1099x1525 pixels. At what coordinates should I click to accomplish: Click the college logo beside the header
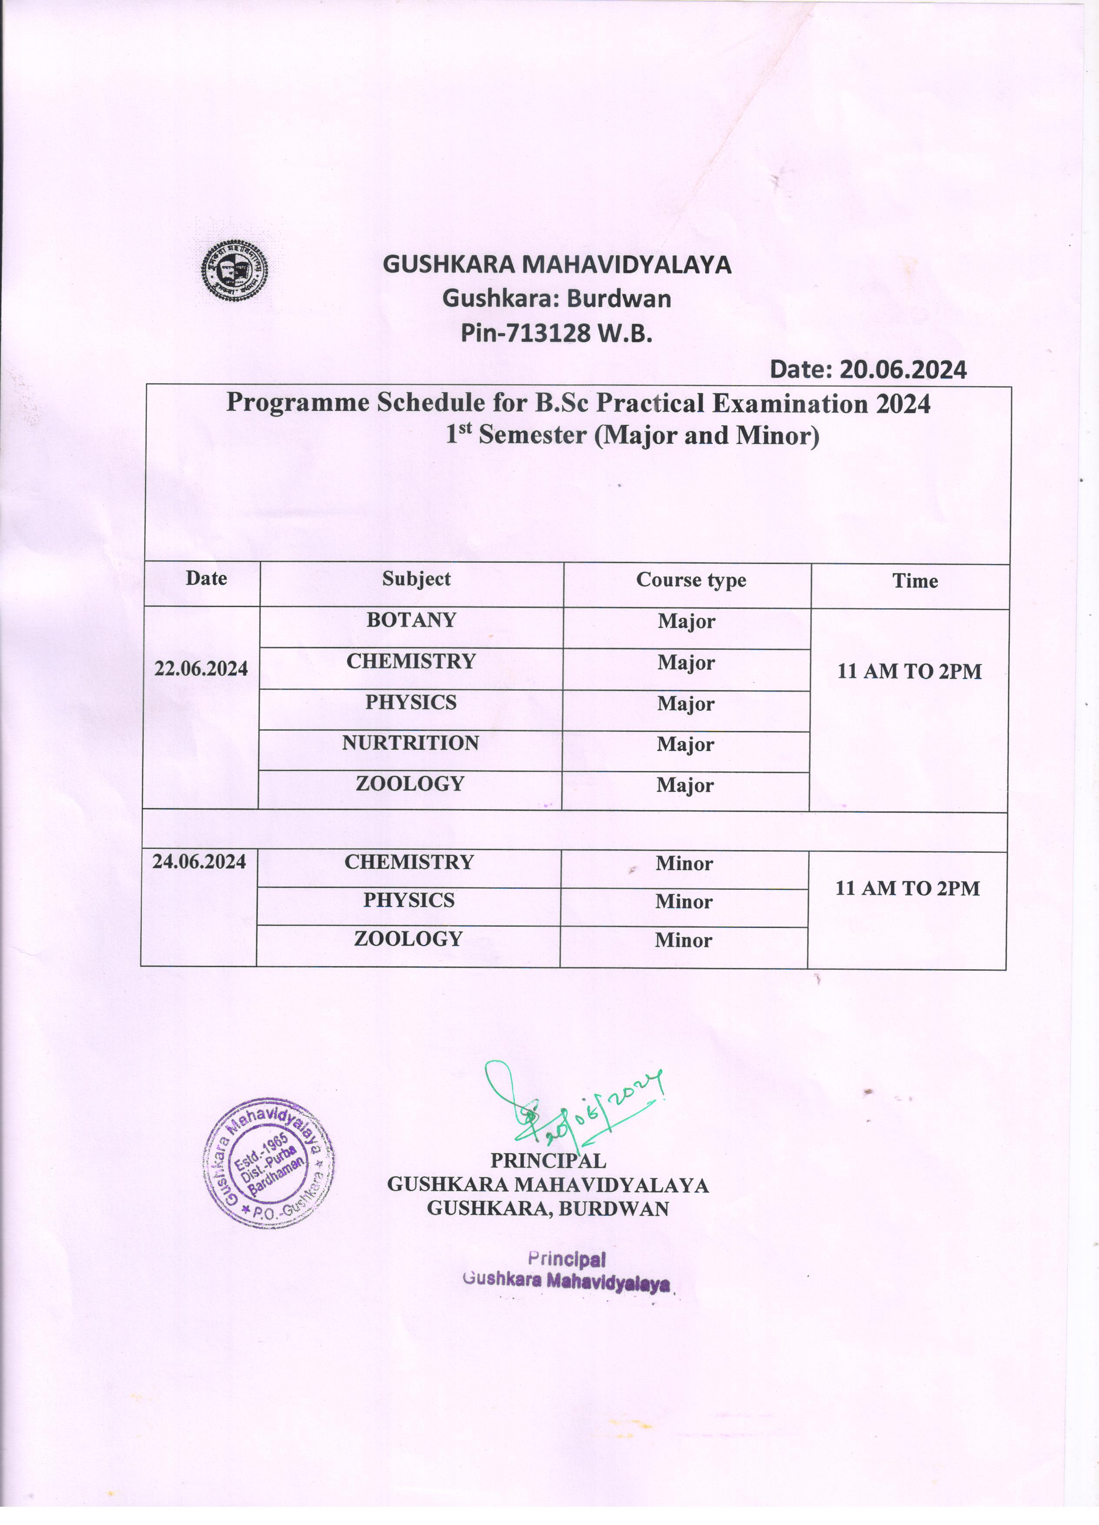click(236, 270)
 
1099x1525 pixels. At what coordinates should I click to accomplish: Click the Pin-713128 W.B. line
click(556, 333)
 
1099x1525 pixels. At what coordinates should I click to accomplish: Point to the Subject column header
click(416, 579)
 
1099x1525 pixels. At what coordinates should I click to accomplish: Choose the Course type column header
click(691, 580)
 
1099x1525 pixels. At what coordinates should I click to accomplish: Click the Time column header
click(915, 581)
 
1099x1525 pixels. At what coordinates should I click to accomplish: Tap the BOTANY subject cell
click(411, 620)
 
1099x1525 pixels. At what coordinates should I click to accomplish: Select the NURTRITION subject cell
click(410, 743)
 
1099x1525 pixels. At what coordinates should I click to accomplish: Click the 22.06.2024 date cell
click(201, 668)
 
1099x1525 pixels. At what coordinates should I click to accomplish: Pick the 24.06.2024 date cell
click(199, 861)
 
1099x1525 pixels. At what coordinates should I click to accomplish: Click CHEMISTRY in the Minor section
click(409, 862)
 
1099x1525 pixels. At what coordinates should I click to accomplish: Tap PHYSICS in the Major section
click(411, 702)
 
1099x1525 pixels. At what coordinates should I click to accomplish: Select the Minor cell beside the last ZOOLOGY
click(683, 940)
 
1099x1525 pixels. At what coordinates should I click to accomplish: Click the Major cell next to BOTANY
click(686, 621)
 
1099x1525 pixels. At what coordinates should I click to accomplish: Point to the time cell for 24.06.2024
click(907, 888)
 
